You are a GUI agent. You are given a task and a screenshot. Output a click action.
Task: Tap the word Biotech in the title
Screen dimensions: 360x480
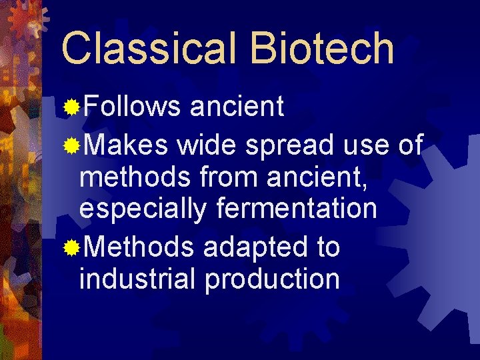323,48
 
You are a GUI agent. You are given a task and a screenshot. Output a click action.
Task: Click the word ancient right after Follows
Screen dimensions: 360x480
238,105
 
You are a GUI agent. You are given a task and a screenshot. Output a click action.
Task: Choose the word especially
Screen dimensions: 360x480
143,209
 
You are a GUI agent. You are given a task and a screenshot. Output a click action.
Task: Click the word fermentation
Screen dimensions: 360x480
297,209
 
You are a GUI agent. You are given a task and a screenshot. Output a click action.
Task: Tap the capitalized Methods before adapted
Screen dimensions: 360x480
139,247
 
